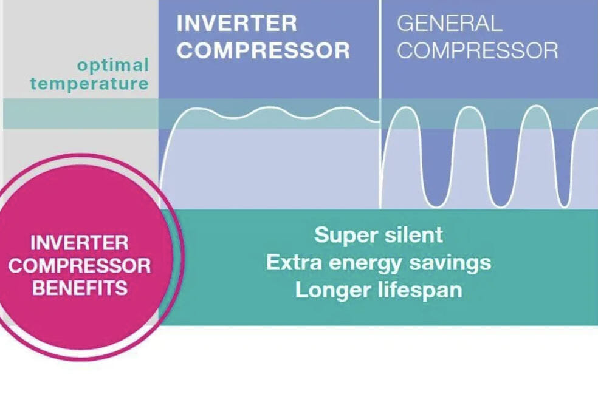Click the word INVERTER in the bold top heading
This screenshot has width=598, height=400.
point(236,23)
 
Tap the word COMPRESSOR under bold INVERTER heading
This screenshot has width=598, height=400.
point(263,50)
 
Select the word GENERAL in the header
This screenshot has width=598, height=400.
point(450,23)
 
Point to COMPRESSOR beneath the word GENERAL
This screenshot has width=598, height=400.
point(478,50)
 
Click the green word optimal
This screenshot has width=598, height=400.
point(113,66)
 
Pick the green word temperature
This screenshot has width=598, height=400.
point(89,83)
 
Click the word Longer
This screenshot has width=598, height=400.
point(334,290)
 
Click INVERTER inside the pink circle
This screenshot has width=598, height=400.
point(80,243)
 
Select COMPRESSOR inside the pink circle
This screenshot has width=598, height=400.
point(80,265)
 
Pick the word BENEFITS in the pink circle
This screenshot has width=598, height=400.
point(80,288)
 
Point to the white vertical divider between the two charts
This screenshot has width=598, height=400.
point(380,104)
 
